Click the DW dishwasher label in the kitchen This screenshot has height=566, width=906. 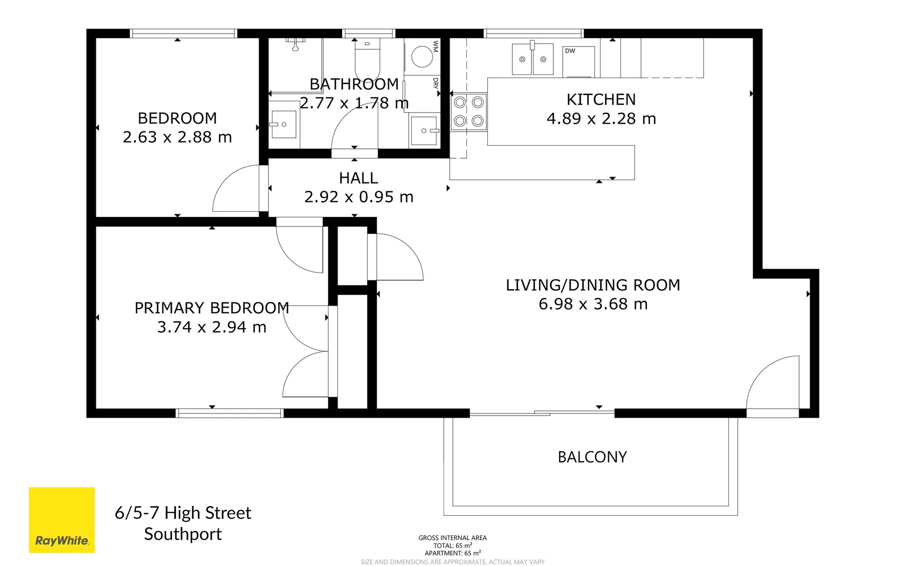coord(570,51)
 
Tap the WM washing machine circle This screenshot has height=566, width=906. coord(422,57)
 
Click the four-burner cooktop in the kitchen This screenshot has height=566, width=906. coord(468,112)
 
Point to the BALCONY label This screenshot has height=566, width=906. coord(592,457)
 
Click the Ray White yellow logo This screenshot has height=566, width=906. coord(62,520)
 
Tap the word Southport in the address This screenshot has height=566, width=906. coord(183,534)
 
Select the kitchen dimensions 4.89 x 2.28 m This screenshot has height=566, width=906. coord(601,119)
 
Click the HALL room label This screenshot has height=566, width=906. coord(358,178)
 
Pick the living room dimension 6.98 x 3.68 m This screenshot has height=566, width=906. coord(593,304)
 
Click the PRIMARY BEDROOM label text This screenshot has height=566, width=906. coord(212,308)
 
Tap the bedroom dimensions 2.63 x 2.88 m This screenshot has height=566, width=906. coord(177,137)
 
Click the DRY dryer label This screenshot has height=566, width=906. coord(435,83)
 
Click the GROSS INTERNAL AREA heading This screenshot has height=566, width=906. coord(452,538)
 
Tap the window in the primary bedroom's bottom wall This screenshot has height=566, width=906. coord(229,413)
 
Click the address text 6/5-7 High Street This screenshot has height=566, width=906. coord(183,513)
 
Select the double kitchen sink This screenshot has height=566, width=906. coord(532,59)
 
